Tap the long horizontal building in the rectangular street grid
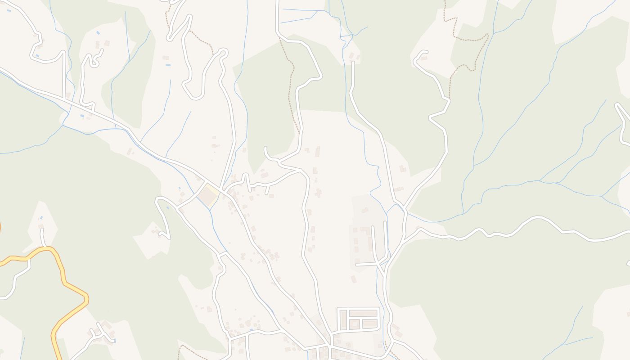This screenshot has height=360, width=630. [363, 313]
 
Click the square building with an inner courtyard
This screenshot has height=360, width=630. [355, 324]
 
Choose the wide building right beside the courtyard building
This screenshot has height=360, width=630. [370, 324]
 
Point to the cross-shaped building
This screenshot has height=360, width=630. [319, 193]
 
